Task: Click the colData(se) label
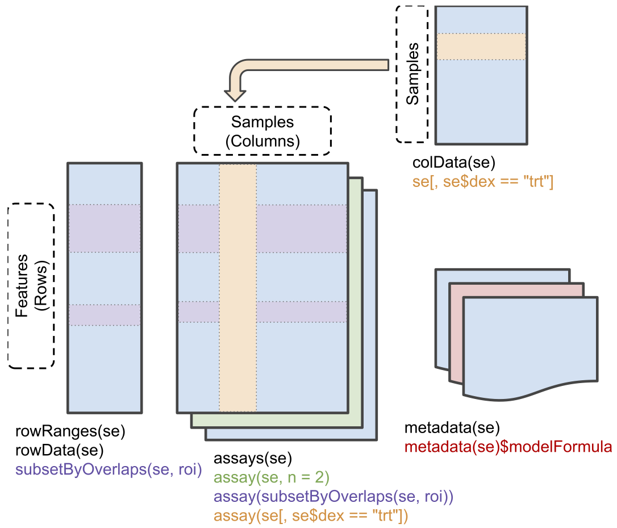454,163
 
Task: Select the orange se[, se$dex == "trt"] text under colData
483,182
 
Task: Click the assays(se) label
252,458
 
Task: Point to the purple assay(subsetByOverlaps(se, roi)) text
333,497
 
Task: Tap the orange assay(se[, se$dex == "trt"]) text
311,515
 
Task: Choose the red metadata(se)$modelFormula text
508,447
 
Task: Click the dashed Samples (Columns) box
262,131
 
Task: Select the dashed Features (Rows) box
31,285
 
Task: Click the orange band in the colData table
481,47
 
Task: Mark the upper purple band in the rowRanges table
105,228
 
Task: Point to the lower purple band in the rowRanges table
105,314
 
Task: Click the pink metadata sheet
523,290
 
